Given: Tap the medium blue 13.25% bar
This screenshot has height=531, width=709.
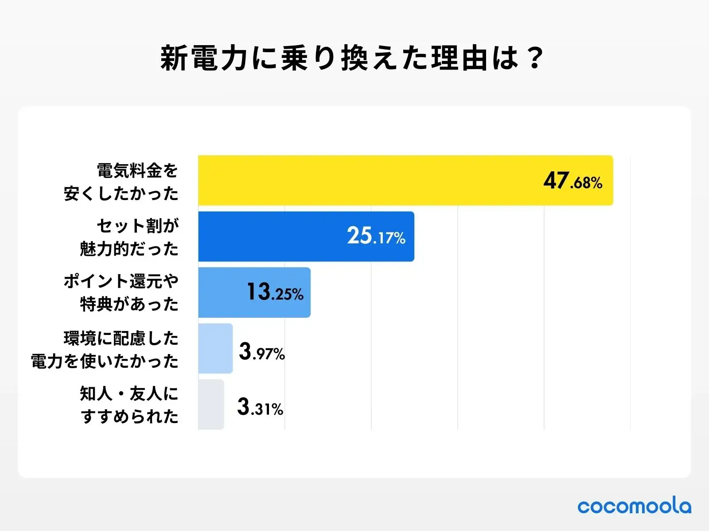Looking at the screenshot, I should (222, 292).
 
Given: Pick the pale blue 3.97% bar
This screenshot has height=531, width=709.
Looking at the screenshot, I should (215, 348).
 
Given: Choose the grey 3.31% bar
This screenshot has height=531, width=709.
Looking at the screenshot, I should (211, 404).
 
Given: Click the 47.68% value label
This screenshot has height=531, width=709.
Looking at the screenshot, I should (573, 181).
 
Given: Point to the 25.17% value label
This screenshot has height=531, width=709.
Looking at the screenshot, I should (376, 236).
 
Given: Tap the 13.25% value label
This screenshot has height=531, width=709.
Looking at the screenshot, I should (275, 292).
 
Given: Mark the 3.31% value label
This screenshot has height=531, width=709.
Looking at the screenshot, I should (260, 407).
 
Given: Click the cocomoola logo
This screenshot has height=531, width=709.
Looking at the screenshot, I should (634, 506).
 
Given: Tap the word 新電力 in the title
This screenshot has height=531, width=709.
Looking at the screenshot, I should (204, 58).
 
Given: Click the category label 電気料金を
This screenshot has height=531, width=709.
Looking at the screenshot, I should (137, 170).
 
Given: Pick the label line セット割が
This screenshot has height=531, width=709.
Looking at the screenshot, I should (137, 226).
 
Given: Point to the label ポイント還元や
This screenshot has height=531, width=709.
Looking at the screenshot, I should (121, 281).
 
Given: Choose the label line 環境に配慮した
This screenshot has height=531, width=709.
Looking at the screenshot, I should (121, 339).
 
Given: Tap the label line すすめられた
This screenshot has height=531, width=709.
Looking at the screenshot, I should (129, 416).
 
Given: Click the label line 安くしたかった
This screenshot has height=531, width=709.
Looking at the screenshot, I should (121, 194).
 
